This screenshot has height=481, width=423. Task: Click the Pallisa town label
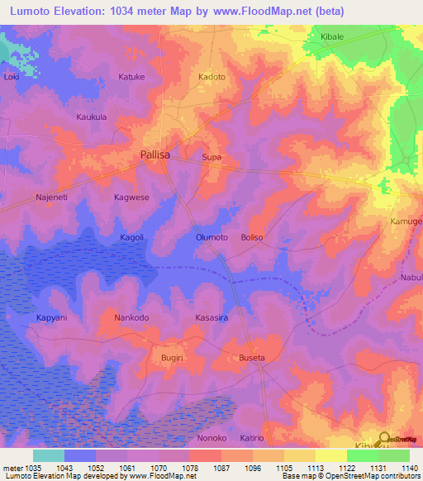pyautogui.click(x=155, y=155)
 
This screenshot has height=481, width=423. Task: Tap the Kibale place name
pyautogui.click(x=331, y=38)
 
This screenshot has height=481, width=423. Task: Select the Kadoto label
pyautogui.click(x=212, y=77)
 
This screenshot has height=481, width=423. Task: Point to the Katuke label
pyautogui.click(x=131, y=77)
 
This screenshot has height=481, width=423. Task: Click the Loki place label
pyautogui.click(x=12, y=77)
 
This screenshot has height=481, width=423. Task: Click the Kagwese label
pyautogui.click(x=131, y=198)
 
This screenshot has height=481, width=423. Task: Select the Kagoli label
pyautogui.click(x=131, y=237)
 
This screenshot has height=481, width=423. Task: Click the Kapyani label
pyautogui.click(x=52, y=317)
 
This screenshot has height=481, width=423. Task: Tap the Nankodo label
pyautogui.click(x=131, y=317)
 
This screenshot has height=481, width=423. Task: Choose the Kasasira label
pyautogui.click(x=211, y=317)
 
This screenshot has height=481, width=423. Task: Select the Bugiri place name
pyautogui.click(x=171, y=358)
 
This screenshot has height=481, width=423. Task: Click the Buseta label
pyautogui.click(x=251, y=358)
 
